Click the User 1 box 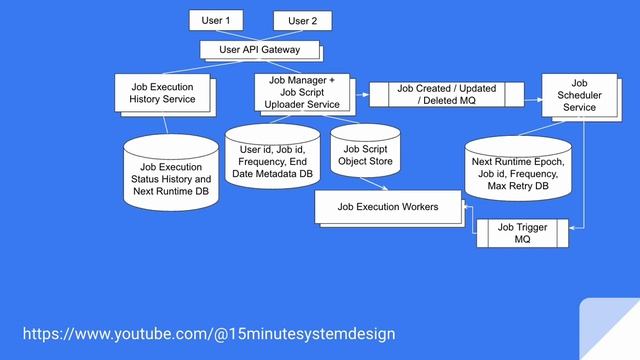pyautogui.click(x=216, y=19)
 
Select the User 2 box pyautogui.click(x=302, y=20)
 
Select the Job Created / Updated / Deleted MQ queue pyautogui.click(x=446, y=94)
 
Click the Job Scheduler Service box pyautogui.click(x=579, y=94)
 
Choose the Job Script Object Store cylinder pyautogui.click(x=365, y=155)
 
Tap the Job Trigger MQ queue pyautogui.click(x=521, y=234)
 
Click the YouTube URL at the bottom pyautogui.click(x=209, y=332)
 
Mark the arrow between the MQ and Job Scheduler pyautogui.click(x=535, y=95)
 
